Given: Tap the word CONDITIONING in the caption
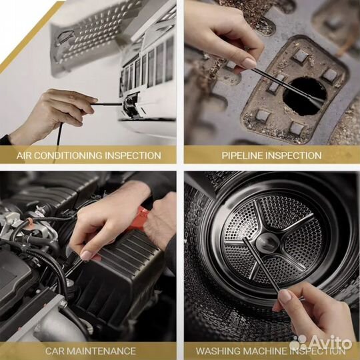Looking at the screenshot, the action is (68, 155).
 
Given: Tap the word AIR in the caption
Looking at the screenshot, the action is (24, 155).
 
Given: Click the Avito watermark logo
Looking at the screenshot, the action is (321, 343).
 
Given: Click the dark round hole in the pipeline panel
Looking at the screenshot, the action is (305, 96).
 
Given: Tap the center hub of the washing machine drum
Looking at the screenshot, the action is (267, 243).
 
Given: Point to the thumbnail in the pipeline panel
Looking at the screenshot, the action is (249, 63).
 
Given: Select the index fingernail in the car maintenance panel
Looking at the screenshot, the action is (87, 255).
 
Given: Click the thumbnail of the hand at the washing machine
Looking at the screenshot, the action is (285, 296).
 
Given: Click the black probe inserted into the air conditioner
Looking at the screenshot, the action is (107, 104).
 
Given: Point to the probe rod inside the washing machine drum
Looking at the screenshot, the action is (261, 265).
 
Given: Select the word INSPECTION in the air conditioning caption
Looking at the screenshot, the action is (133, 155).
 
